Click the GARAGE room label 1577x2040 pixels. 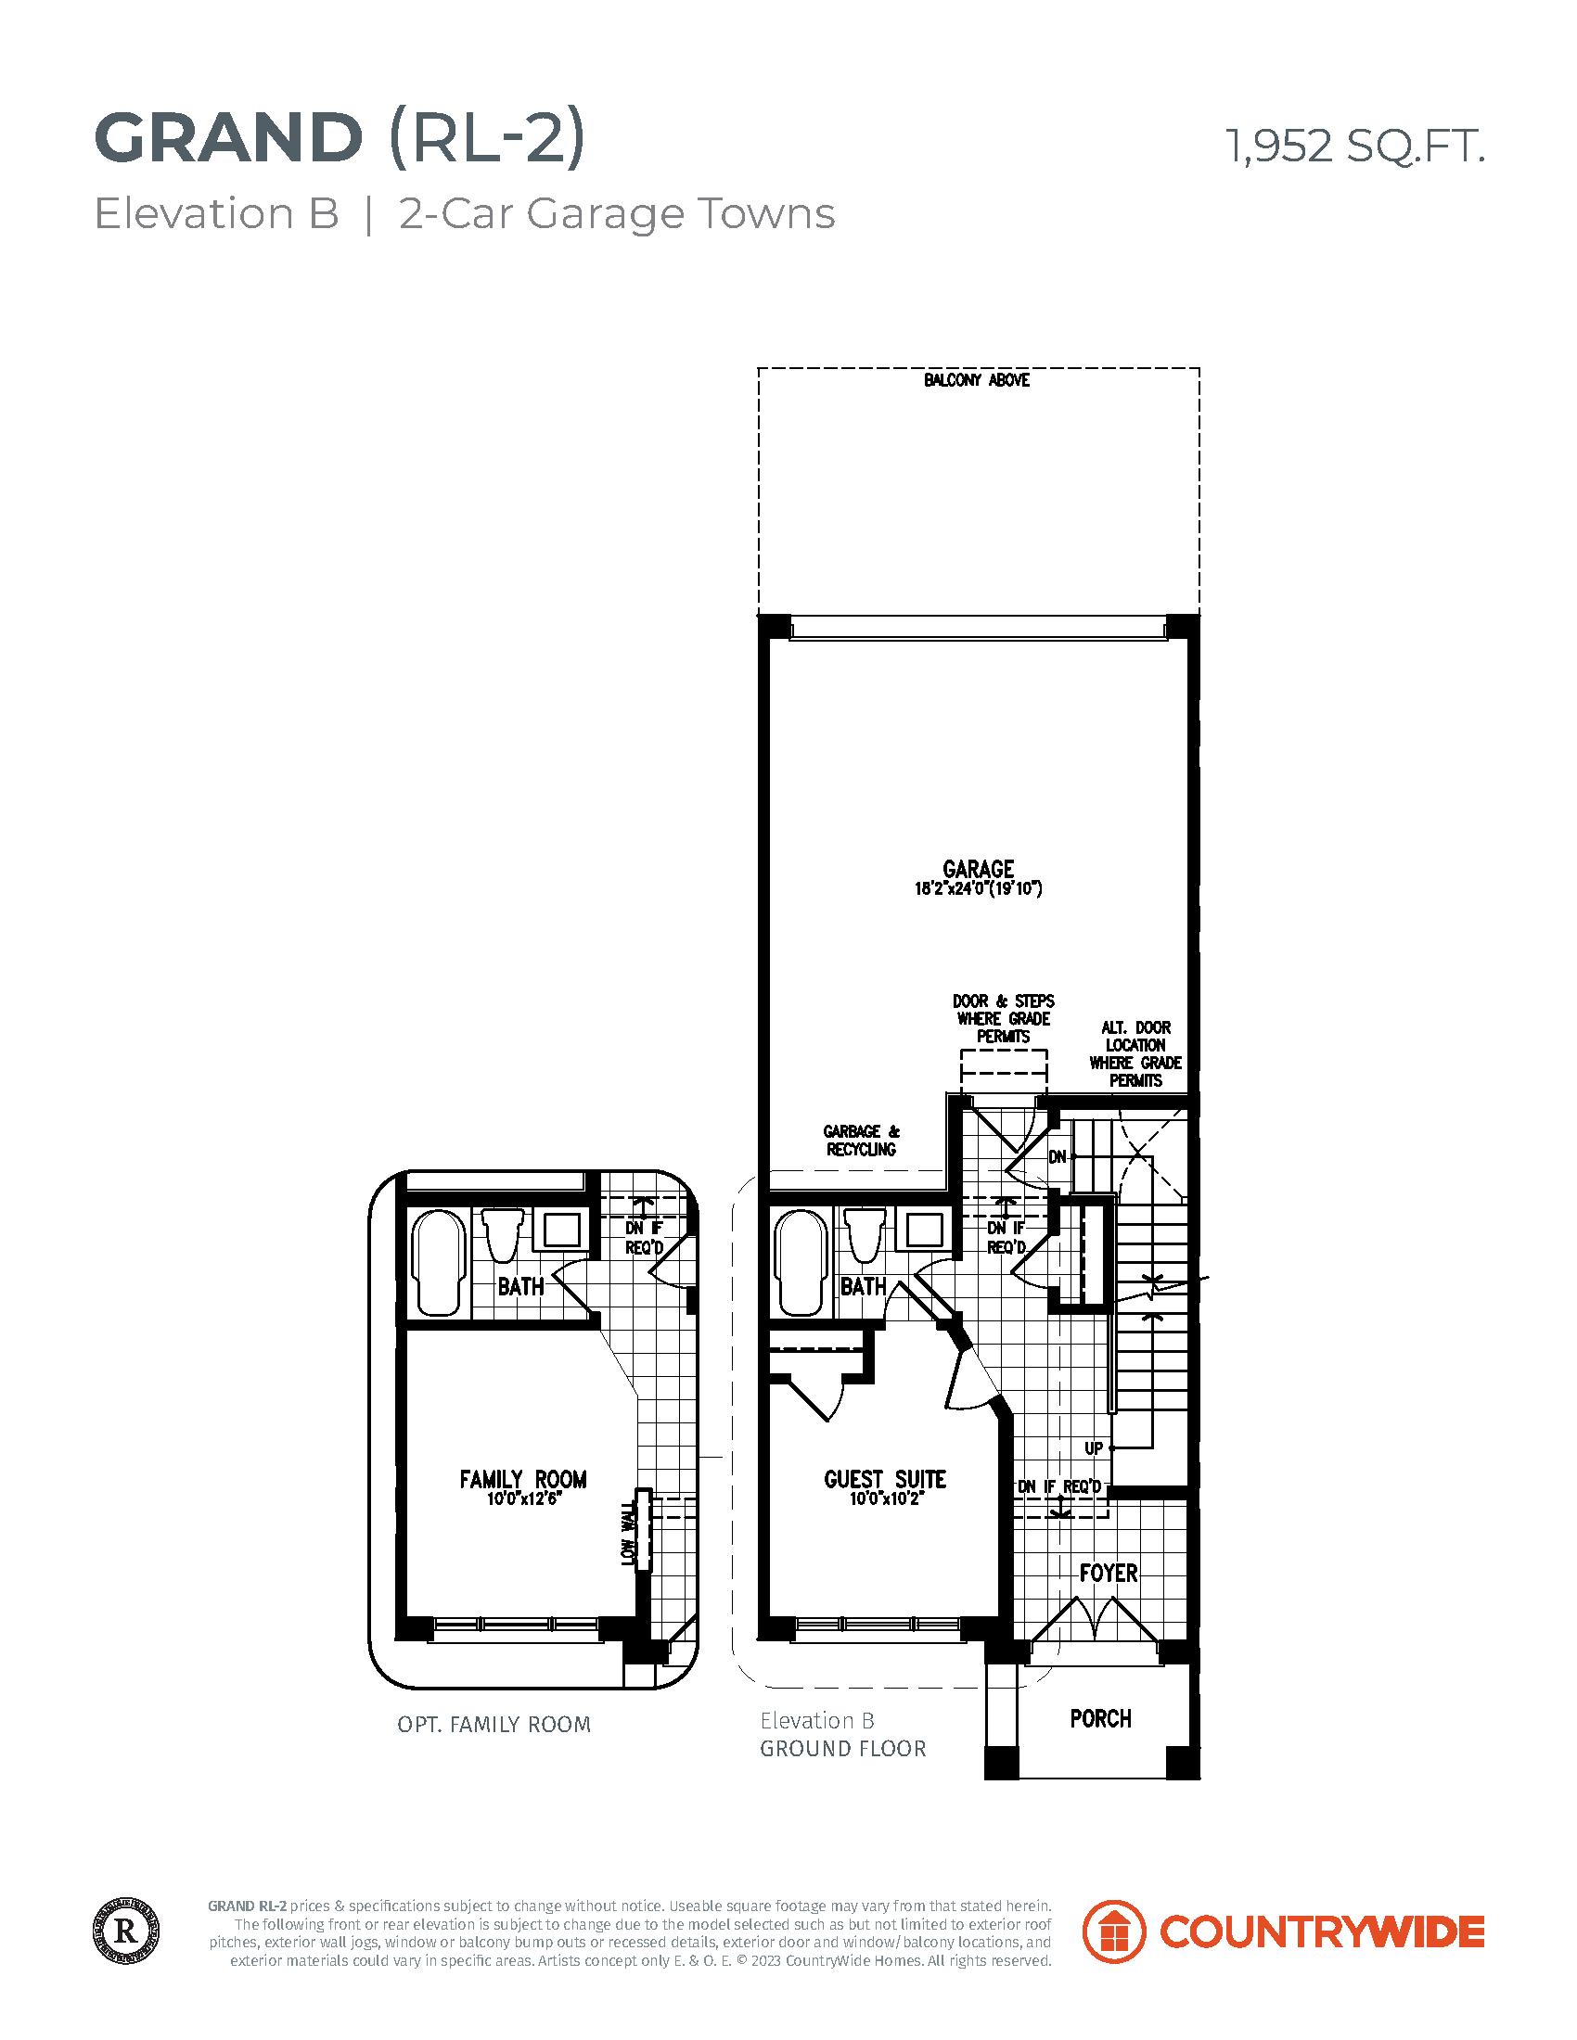tap(978, 870)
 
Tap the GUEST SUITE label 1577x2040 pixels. tap(885, 1479)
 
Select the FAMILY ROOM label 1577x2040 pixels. tap(522, 1479)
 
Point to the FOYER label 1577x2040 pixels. tap(1108, 1573)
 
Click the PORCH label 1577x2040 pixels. tap(1100, 1718)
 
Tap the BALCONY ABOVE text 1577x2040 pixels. tap(976, 380)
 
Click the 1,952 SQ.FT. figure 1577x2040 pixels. tap(1353, 147)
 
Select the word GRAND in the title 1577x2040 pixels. tap(228, 138)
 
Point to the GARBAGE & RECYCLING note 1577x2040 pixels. tap(861, 1141)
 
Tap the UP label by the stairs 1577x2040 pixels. tap(1093, 1448)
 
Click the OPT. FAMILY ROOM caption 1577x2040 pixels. tap(494, 1725)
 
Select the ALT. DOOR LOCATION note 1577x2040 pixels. tap(1135, 1053)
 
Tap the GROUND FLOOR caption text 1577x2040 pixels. tap(842, 1749)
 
